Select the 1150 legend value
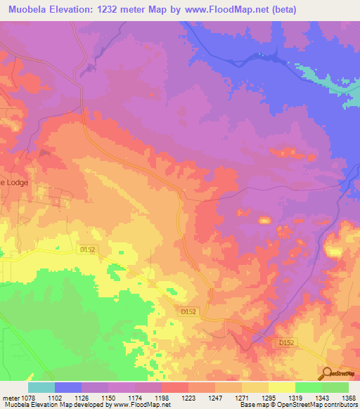tap(108, 397)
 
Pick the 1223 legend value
tap(188, 397)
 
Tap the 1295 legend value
tap(268, 397)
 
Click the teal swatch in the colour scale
tap(41, 387)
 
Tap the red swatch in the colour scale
tap(175, 387)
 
